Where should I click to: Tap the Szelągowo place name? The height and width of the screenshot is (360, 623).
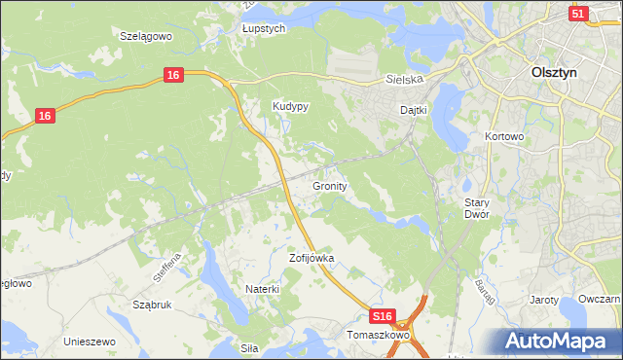[x=145, y=35]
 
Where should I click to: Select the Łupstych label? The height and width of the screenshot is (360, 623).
[x=264, y=29]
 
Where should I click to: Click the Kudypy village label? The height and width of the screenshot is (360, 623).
[x=290, y=107]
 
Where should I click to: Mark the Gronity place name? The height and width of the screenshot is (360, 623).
[x=331, y=185]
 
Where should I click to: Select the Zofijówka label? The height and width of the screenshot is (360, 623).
[x=311, y=259]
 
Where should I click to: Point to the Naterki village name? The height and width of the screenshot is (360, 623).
[x=263, y=289]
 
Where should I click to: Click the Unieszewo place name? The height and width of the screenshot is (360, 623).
[x=90, y=342]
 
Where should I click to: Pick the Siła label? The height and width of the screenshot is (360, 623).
[x=250, y=346]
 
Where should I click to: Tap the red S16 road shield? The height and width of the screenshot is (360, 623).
[x=384, y=317]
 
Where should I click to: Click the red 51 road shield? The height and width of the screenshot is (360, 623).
[x=579, y=14]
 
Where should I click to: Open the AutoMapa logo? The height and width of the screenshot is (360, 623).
[x=559, y=340]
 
